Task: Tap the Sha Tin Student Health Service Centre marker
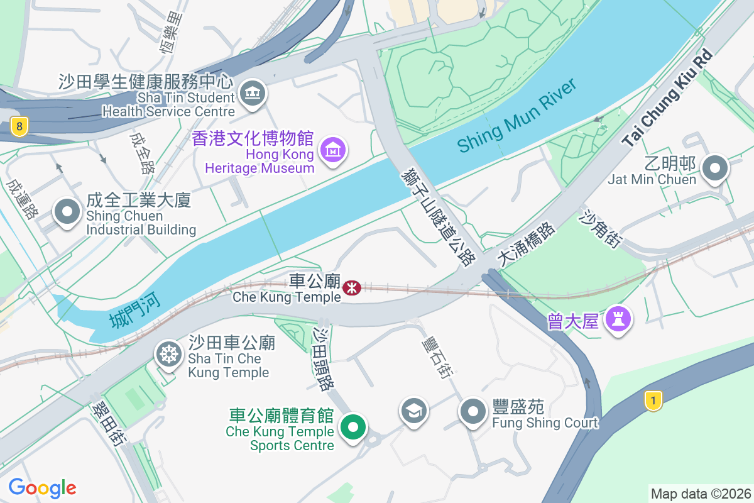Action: coord(253,94)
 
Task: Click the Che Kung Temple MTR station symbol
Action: coord(352,287)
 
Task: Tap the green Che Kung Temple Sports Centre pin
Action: coord(353,428)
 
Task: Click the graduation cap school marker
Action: coord(414,411)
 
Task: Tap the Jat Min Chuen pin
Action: coord(715,169)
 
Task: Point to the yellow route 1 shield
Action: coord(653,401)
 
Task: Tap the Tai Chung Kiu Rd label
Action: coord(669,99)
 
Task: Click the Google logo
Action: coord(42,488)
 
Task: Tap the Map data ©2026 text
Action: coord(701,494)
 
